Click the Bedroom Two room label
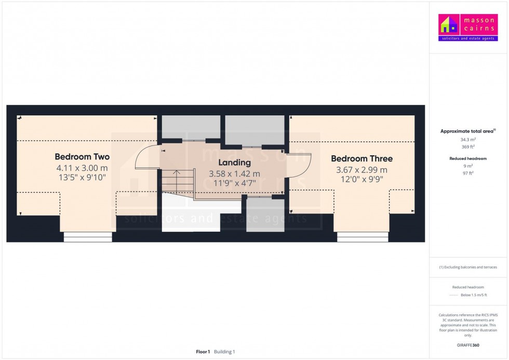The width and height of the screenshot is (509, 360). tap(82, 156)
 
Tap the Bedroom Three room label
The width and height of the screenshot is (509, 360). tap(361, 158)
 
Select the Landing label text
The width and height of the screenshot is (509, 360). tap(234, 163)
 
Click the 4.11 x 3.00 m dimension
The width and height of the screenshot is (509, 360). tap(82, 168)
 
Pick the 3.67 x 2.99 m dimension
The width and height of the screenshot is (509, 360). tap(361, 170)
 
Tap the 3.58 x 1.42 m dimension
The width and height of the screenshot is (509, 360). tap(234, 174)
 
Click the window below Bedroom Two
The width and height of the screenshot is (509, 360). tap(88, 237)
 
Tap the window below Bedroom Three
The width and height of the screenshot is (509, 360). tap(363, 237)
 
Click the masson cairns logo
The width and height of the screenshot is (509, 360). tap(468, 28)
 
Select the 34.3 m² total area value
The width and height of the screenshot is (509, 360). tap(468, 140)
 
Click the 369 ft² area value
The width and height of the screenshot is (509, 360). tap(468, 147)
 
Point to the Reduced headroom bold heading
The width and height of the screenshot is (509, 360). tap(468, 158)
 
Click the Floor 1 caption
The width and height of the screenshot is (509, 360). tap(203, 352)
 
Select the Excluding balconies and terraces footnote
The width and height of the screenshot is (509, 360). tap(468, 267)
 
